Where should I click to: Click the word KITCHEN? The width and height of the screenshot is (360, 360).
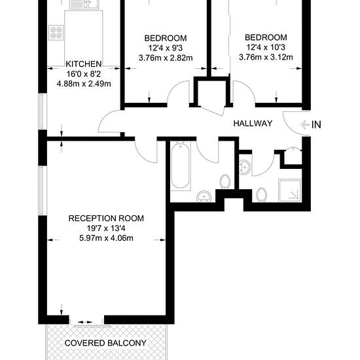pyautogui.click(x=84, y=64)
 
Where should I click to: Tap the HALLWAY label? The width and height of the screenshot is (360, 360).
pyautogui.click(x=253, y=124)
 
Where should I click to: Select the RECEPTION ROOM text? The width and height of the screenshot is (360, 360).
pyautogui.click(x=106, y=219)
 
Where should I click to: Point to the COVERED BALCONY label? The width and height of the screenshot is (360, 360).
pyautogui.click(x=105, y=343)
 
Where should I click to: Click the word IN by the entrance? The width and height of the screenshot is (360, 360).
pyautogui.click(x=316, y=124)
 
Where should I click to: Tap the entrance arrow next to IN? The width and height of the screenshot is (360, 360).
pyautogui.click(x=304, y=124)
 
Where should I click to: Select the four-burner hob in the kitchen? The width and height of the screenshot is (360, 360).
pyautogui.click(x=56, y=33)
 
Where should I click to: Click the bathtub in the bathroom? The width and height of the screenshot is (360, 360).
pyautogui.click(x=181, y=166)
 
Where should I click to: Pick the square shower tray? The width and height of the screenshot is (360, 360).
pyautogui.click(x=290, y=190)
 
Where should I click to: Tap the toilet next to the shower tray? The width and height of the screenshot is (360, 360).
pyautogui.click(x=261, y=194)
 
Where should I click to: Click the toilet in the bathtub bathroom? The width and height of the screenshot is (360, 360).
pyautogui.click(x=225, y=181)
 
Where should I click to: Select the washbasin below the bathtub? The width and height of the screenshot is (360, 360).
pyautogui.click(x=204, y=196)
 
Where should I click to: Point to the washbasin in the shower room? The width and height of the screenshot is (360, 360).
pyautogui.click(x=245, y=167)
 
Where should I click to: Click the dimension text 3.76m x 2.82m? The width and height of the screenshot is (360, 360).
pyautogui.click(x=166, y=58)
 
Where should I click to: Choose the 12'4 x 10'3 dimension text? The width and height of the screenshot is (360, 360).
pyautogui.click(x=266, y=47)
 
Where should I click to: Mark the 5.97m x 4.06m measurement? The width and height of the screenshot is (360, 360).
pyautogui.click(x=106, y=238)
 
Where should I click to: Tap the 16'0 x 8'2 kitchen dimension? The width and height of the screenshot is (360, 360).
pyautogui.click(x=84, y=74)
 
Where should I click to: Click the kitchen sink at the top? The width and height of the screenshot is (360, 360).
pyautogui.click(x=84, y=5)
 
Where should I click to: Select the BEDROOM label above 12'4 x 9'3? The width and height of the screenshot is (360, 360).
pyautogui.click(x=166, y=38)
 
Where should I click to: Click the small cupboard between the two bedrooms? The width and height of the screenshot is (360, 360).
pyautogui.click(x=211, y=93)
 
